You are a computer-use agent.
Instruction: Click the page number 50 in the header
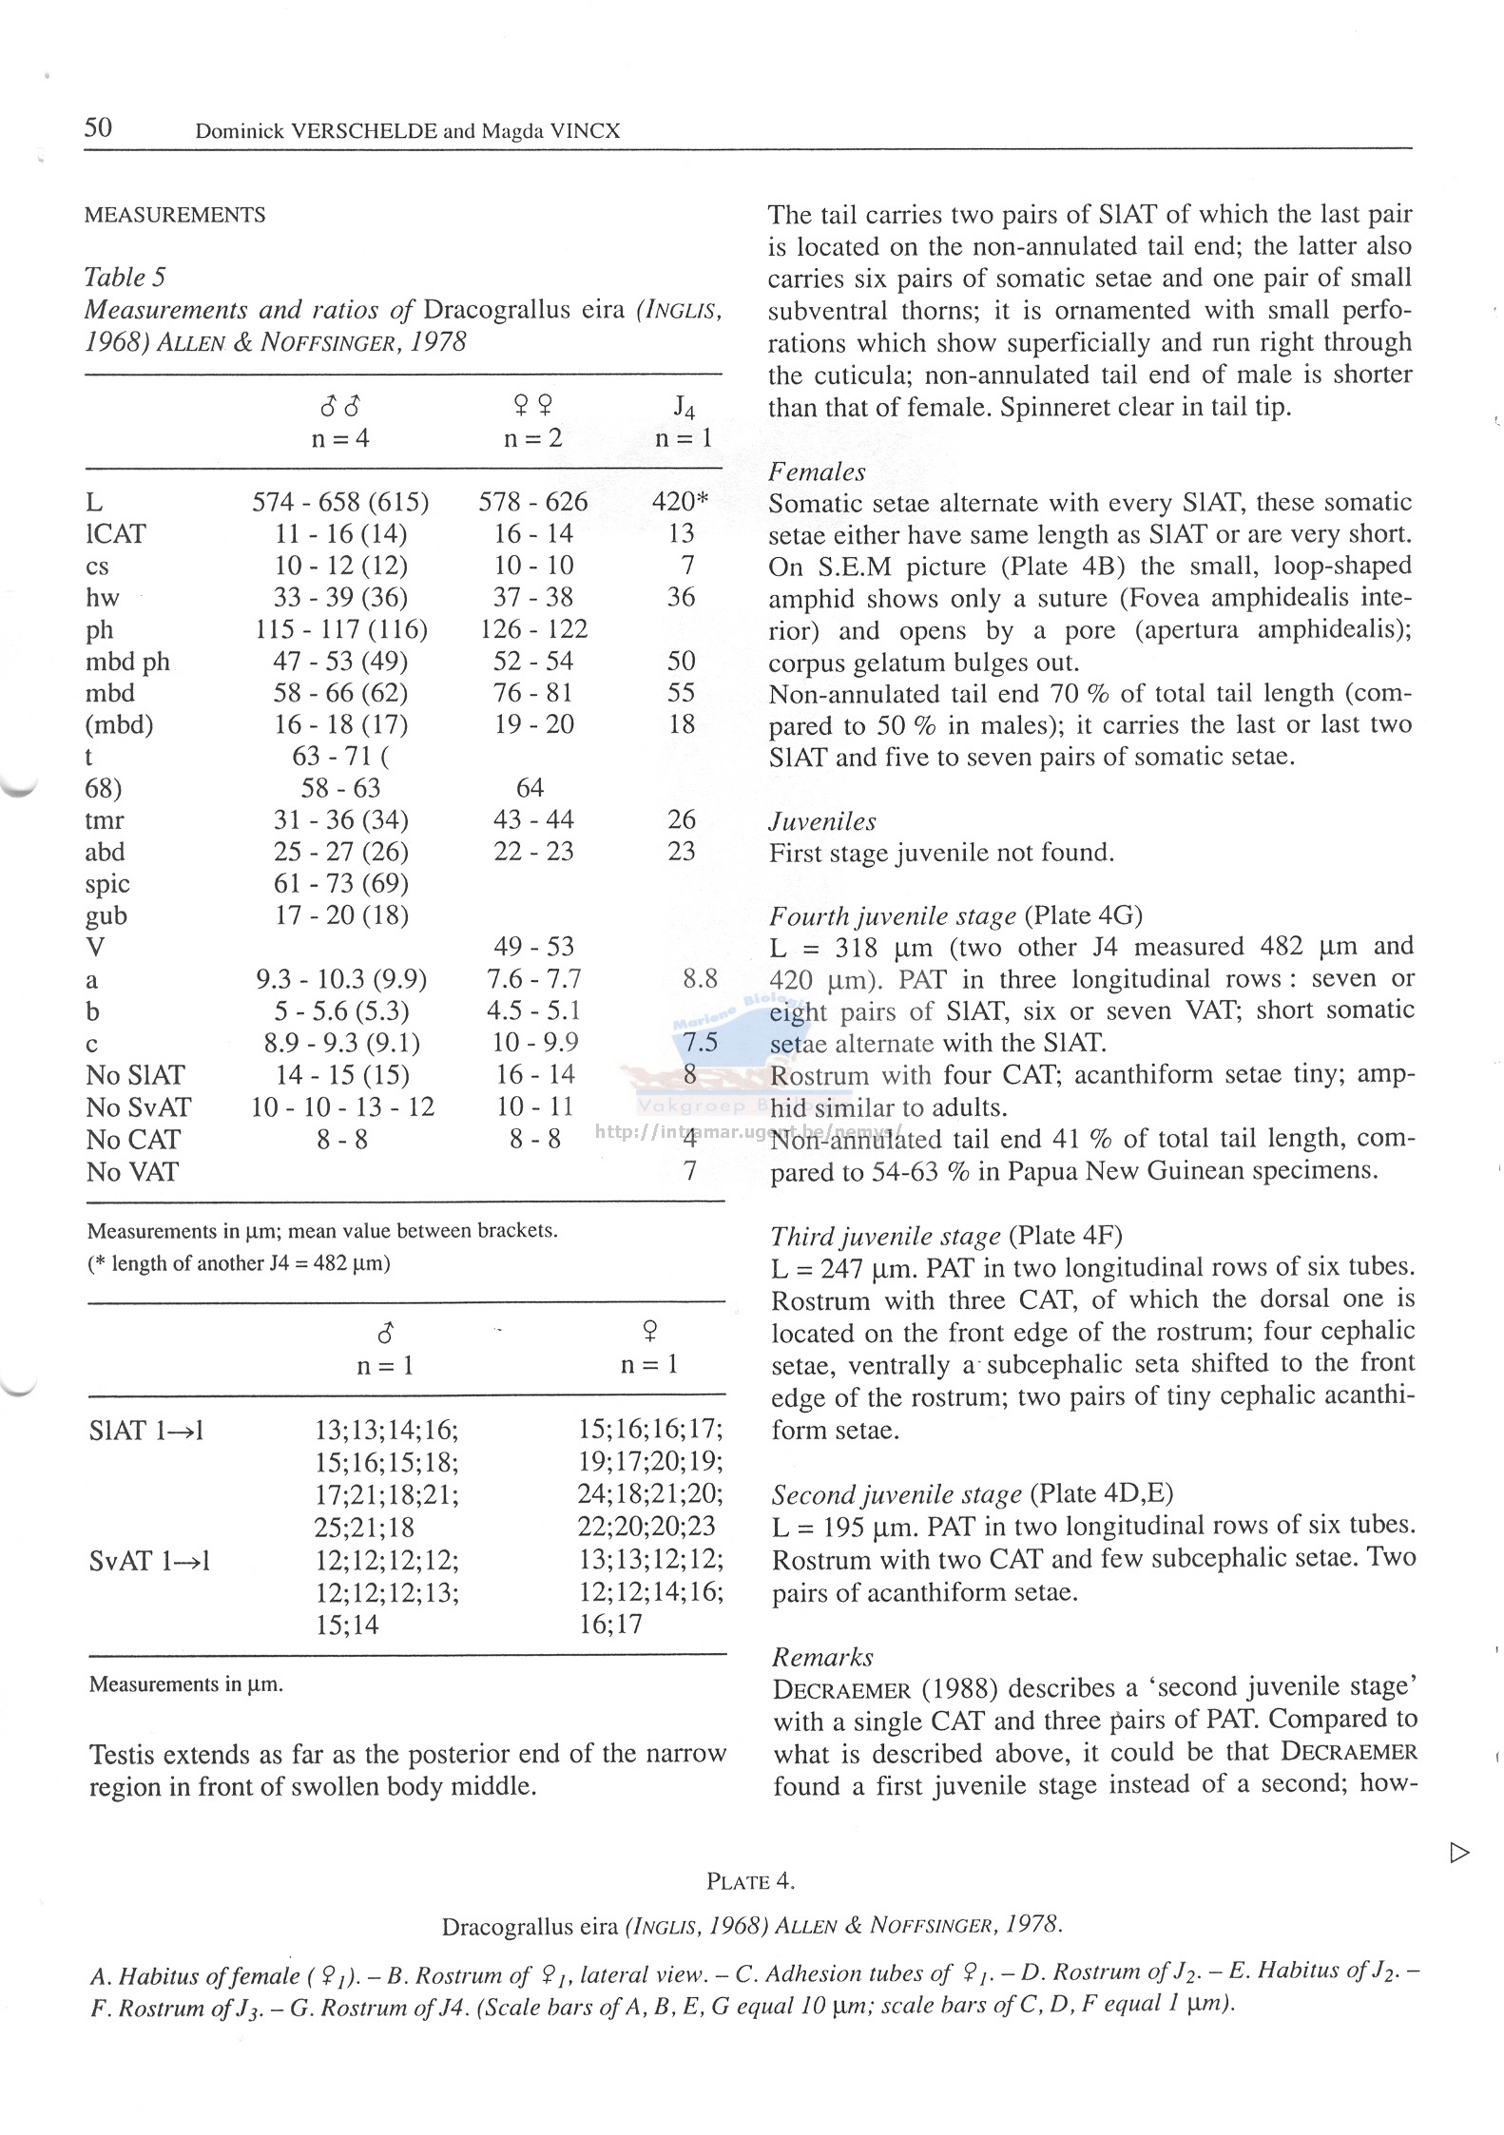tap(98, 127)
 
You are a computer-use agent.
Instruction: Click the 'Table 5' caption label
tap(125, 277)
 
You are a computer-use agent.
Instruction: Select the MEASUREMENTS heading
tap(175, 215)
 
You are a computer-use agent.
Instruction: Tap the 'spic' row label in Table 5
tap(106, 884)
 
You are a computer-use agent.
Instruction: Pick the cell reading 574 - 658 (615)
tap(340, 501)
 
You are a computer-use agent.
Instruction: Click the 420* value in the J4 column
tap(681, 501)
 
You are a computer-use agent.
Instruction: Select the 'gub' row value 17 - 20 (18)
tap(340, 915)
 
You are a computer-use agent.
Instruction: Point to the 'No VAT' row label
tap(131, 1172)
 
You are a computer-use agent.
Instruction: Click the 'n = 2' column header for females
tap(532, 438)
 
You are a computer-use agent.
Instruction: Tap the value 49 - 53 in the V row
tap(533, 947)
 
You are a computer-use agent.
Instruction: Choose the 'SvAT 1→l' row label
tap(149, 1560)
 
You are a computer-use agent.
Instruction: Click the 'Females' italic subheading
tap(817, 471)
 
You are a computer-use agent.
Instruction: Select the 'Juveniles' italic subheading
tap(821, 820)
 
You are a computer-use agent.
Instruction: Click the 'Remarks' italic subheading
tap(821, 1657)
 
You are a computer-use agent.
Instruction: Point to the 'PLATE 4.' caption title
tap(750, 1881)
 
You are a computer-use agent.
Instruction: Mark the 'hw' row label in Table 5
tap(102, 598)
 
